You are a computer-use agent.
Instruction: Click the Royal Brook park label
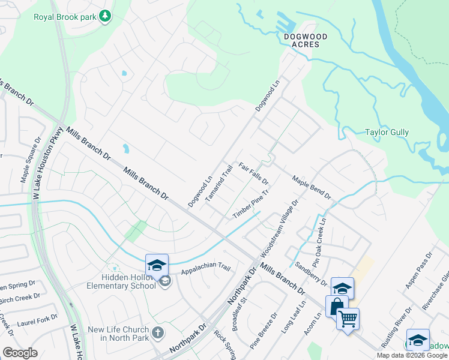click(x=65, y=17)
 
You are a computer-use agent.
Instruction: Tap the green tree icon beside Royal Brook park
click(x=106, y=16)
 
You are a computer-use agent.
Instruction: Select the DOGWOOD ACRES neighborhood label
click(x=306, y=41)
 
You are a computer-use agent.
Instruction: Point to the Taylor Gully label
click(x=387, y=132)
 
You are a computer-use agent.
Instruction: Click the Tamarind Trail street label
click(x=218, y=183)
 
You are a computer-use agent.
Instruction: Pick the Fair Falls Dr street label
click(x=253, y=173)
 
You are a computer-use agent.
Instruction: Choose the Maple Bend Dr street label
click(x=312, y=187)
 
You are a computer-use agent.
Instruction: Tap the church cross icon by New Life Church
click(x=157, y=332)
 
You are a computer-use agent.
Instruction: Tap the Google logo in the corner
click(x=20, y=353)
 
